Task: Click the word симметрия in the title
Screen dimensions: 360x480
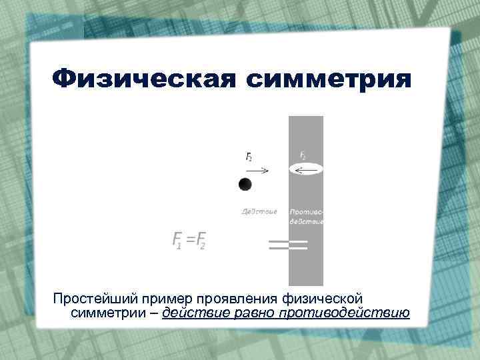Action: pyautogui.click(x=329, y=80)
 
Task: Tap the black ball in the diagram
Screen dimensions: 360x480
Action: pyautogui.click(x=245, y=184)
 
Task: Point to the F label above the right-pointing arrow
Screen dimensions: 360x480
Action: pyautogui.click(x=249, y=157)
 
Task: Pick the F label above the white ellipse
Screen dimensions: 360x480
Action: pyautogui.click(x=303, y=155)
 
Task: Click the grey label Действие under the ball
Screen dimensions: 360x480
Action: pyautogui.click(x=259, y=212)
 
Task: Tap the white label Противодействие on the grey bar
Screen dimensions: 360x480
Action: pyautogui.click(x=306, y=217)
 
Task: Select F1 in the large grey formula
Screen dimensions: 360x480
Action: pyautogui.click(x=177, y=240)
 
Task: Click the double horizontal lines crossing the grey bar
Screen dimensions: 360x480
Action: pyautogui.click(x=287, y=245)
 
